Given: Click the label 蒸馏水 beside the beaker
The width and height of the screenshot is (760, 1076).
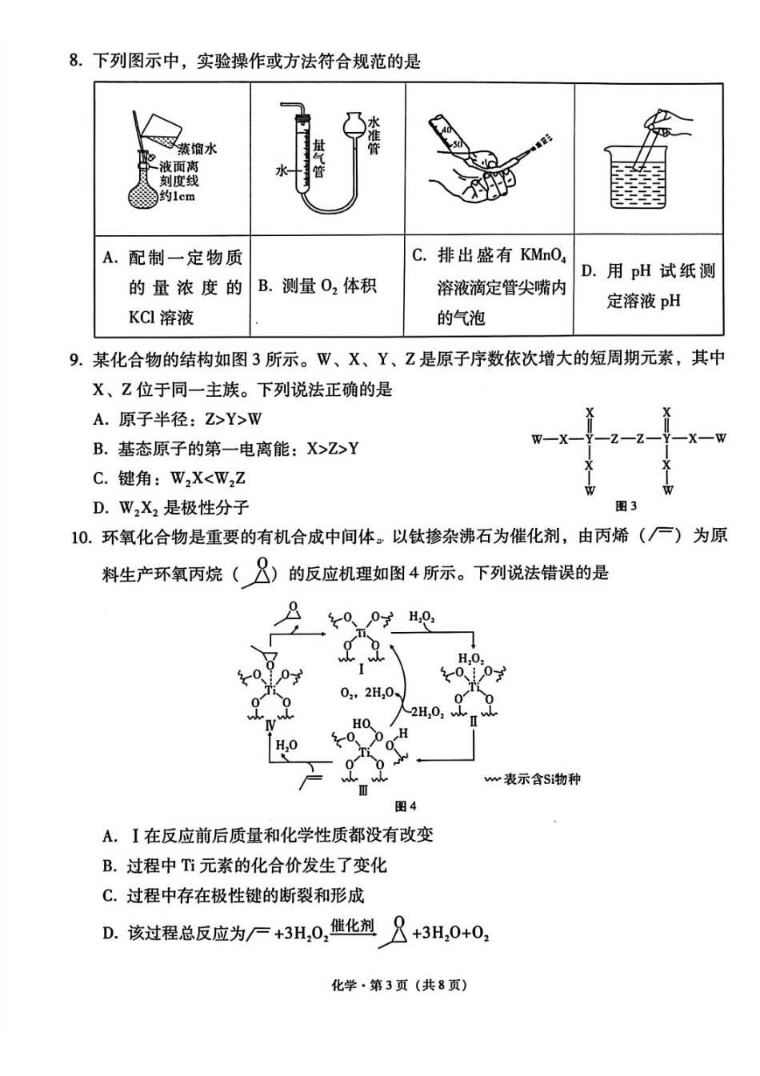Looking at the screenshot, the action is click(x=197, y=150).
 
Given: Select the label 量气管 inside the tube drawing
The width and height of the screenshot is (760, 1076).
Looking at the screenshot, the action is click(x=319, y=158).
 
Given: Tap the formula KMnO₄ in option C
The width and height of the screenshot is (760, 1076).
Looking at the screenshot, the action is click(x=543, y=256).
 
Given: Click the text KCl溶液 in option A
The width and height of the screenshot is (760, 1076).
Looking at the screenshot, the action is click(x=161, y=317).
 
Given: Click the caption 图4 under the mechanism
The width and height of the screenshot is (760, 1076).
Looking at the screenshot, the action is click(x=406, y=806).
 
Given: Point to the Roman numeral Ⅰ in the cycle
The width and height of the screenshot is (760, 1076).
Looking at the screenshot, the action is click(x=361, y=669).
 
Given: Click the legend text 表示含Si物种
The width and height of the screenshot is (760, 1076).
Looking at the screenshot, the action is click(x=541, y=778).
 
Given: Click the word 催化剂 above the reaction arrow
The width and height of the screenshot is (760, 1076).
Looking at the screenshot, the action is click(x=352, y=926).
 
